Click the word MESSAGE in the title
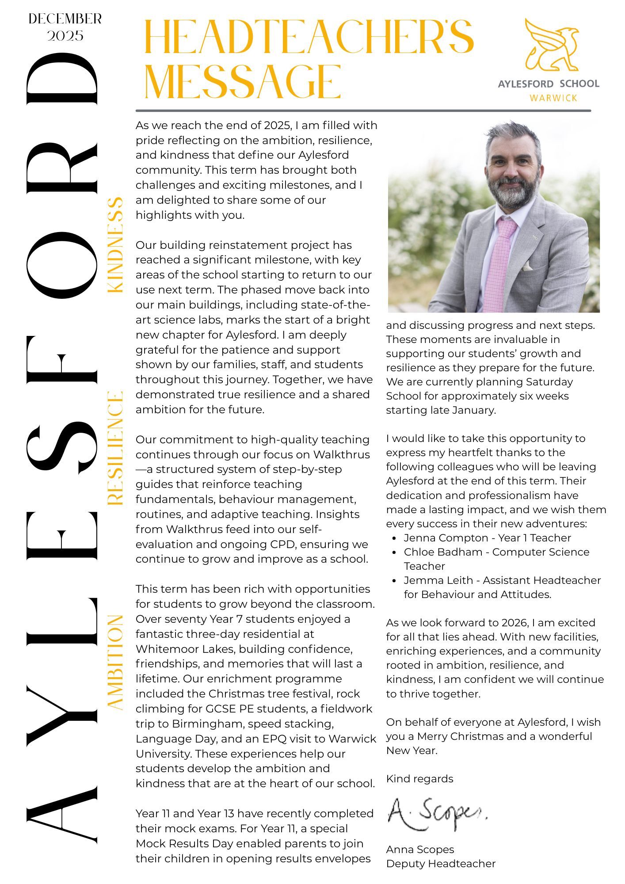[x=243, y=82]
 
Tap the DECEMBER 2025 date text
[x=65, y=27]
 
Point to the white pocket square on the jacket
[x=527, y=267]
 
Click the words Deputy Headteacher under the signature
[x=441, y=863]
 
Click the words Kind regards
[x=419, y=778]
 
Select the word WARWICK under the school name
[x=553, y=98]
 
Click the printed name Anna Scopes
[x=420, y=849]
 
